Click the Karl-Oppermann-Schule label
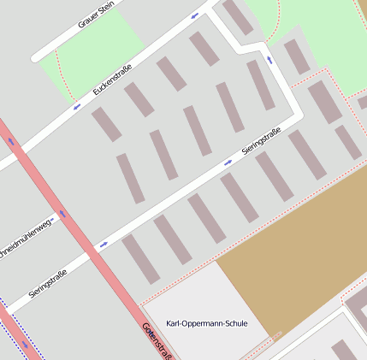tap(207, 324)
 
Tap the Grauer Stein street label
tap(96, 15)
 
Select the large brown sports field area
tap(291, 248)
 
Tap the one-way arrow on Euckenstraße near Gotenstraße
tap(77, 107)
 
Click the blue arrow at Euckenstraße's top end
tap(195, 15)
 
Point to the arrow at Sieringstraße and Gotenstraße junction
tap(104, 245)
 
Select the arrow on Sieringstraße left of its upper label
tap(228, 162)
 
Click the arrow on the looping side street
tap(270, 60)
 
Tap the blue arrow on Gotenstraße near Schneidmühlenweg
tap(62, 214)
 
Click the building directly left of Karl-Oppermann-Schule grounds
tap(140, 259)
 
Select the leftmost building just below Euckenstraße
tap(107, 125)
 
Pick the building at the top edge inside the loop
tap(239, 17)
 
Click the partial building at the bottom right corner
tap(344, 351)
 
